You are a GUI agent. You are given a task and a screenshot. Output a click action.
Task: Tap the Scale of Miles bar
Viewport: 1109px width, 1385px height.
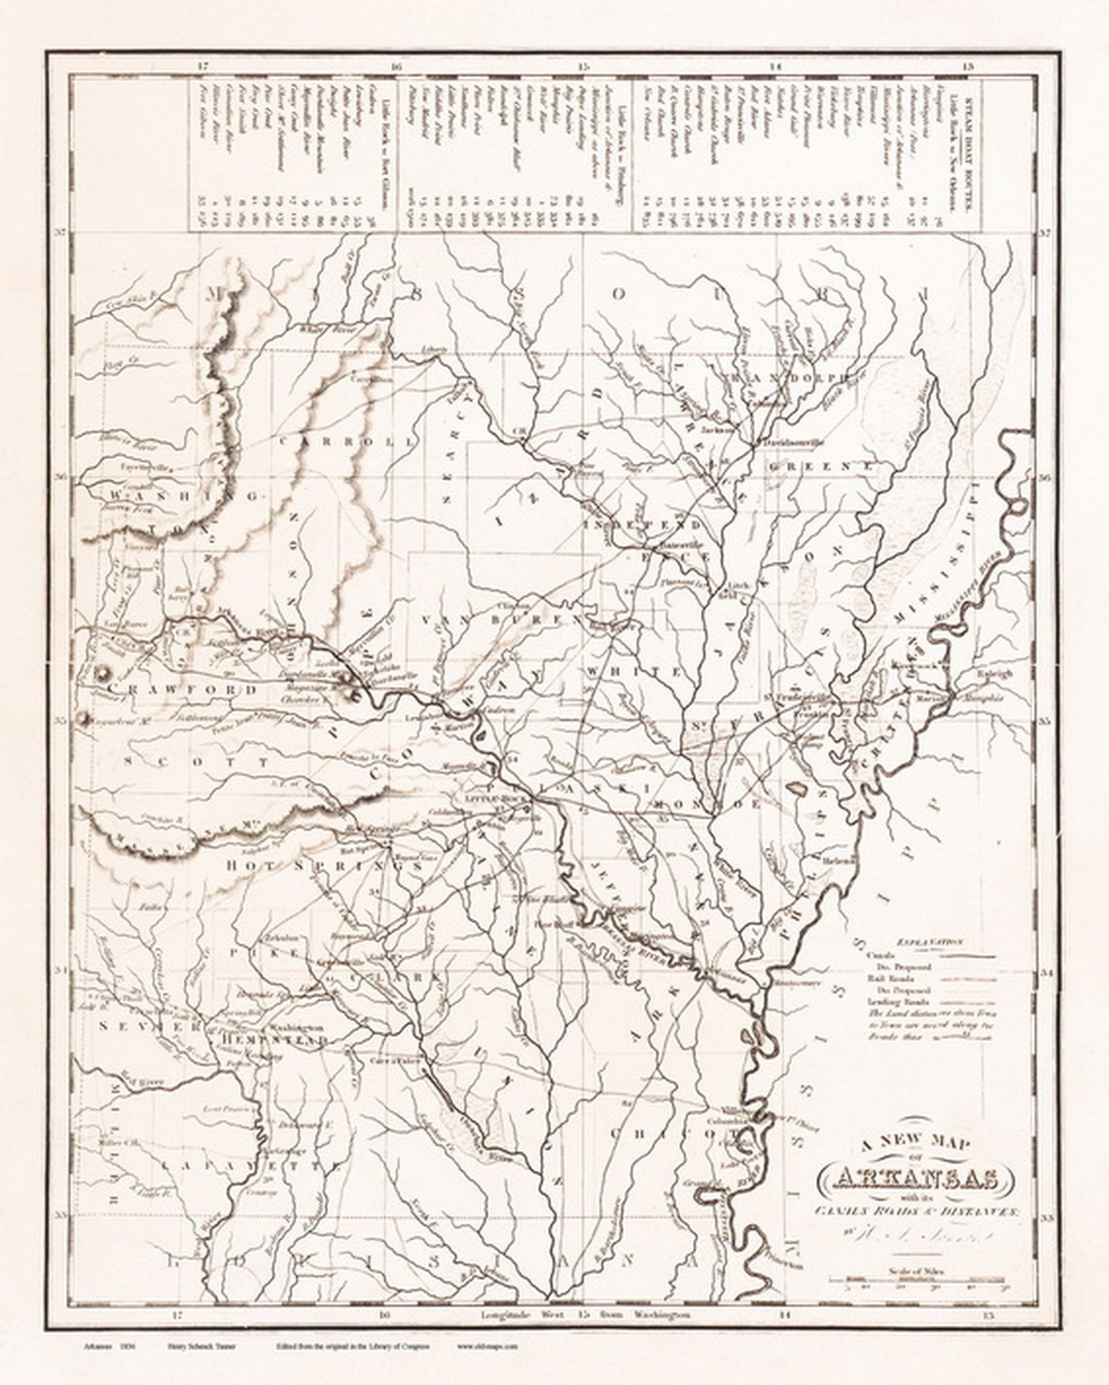(914, 1281)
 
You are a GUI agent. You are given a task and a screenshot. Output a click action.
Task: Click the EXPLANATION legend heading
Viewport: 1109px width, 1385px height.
(930, 942)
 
